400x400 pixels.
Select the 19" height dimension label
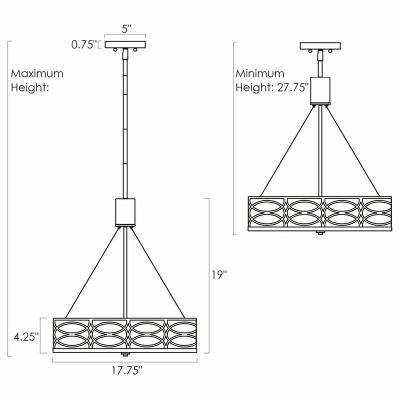point(219,274)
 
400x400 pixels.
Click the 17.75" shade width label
point(127,370)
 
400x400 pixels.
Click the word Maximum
point(37,73)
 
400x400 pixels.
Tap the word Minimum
point(259,73)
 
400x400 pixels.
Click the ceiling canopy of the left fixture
point(125,44)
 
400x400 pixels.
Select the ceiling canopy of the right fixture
point(320,46)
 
